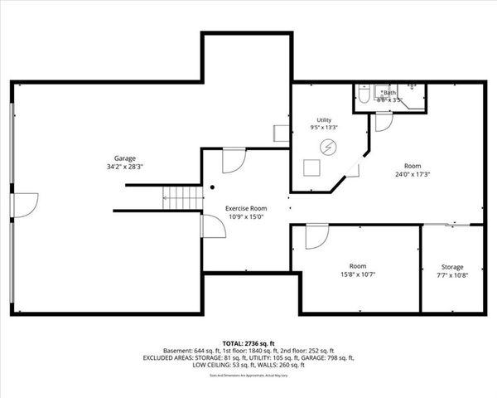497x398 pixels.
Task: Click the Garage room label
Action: [124, 158]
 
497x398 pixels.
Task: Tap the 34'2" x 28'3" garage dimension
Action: [124, 167]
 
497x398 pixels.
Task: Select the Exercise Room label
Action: [246, 209]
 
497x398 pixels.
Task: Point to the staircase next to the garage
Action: [182, 199]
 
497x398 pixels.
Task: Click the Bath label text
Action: [388, 93]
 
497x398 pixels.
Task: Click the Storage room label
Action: [451, 267]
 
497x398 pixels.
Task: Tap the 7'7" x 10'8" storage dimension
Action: [451, 275]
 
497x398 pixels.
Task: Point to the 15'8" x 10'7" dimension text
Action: [357, 275]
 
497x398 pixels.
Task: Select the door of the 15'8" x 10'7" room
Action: [315, 238]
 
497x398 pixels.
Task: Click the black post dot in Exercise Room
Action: [212, 187]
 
